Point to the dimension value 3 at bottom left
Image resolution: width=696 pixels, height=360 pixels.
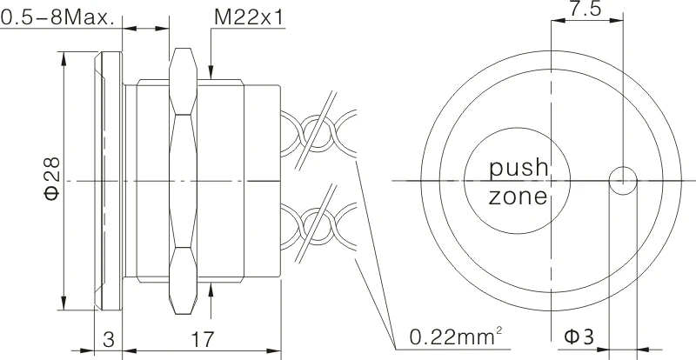click(109, 339)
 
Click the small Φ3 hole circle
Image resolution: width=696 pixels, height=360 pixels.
click(622, 180)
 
